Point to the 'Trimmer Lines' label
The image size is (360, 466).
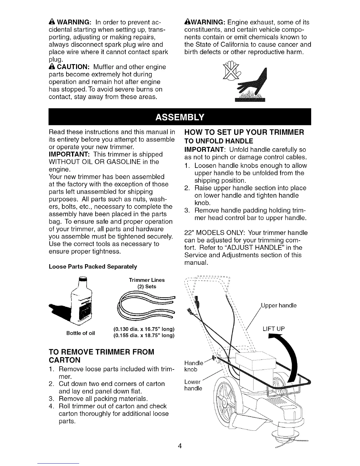[147, 280]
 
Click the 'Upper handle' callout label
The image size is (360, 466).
[279, 305]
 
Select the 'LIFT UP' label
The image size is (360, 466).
[273, 329]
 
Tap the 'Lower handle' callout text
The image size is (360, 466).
[193, 385]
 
